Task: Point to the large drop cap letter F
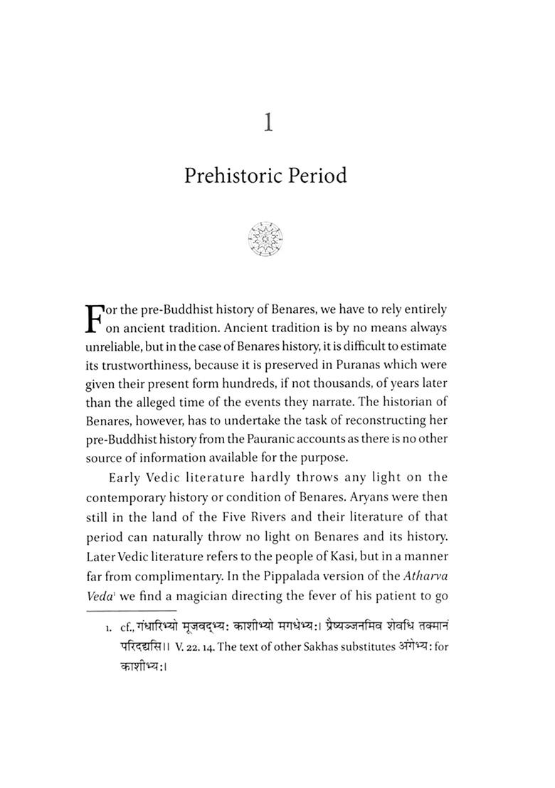95,320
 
